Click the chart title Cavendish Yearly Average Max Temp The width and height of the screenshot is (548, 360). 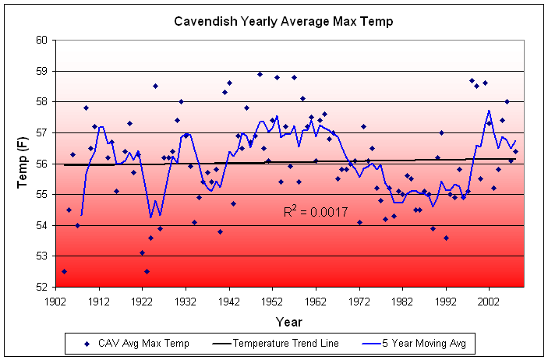tap(283, 21)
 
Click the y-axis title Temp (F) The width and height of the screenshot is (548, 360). tap(23, 163)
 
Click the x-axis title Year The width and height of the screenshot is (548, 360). tap(288, 321)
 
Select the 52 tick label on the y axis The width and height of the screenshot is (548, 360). tap(42, 287)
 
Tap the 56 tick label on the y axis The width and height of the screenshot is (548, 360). tap(42, 164)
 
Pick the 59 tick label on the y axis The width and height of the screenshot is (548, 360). tap(42, 71)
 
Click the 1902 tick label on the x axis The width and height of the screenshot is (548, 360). tap(55, 300)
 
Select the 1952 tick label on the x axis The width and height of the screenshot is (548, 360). tap(272, 300)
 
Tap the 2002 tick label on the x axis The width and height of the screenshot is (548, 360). tap(490, 300)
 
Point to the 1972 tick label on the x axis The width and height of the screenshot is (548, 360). tap(359, 300)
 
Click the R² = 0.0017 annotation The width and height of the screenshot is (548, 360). tap(316, 211)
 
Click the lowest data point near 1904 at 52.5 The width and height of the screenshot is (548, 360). tap(64, 271)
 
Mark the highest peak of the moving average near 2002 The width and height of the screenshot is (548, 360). tap(489, 111)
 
